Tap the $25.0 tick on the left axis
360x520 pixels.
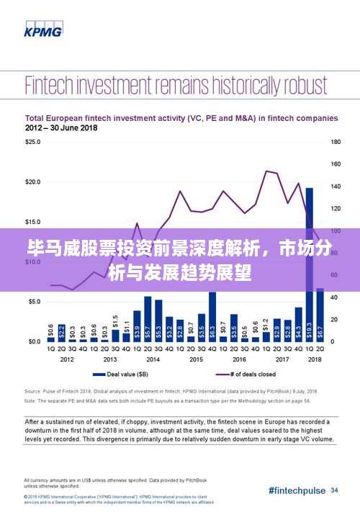[34, 143]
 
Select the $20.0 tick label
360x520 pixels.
[34, 182]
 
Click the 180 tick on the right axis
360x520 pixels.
[335, 143]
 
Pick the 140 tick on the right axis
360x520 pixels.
[335, 187]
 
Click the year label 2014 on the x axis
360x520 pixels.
[153, 359]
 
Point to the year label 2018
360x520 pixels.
[314, 359]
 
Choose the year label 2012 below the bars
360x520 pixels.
[67, 359]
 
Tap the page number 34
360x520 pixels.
[334, 490]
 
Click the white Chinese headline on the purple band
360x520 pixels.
[179, 261]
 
